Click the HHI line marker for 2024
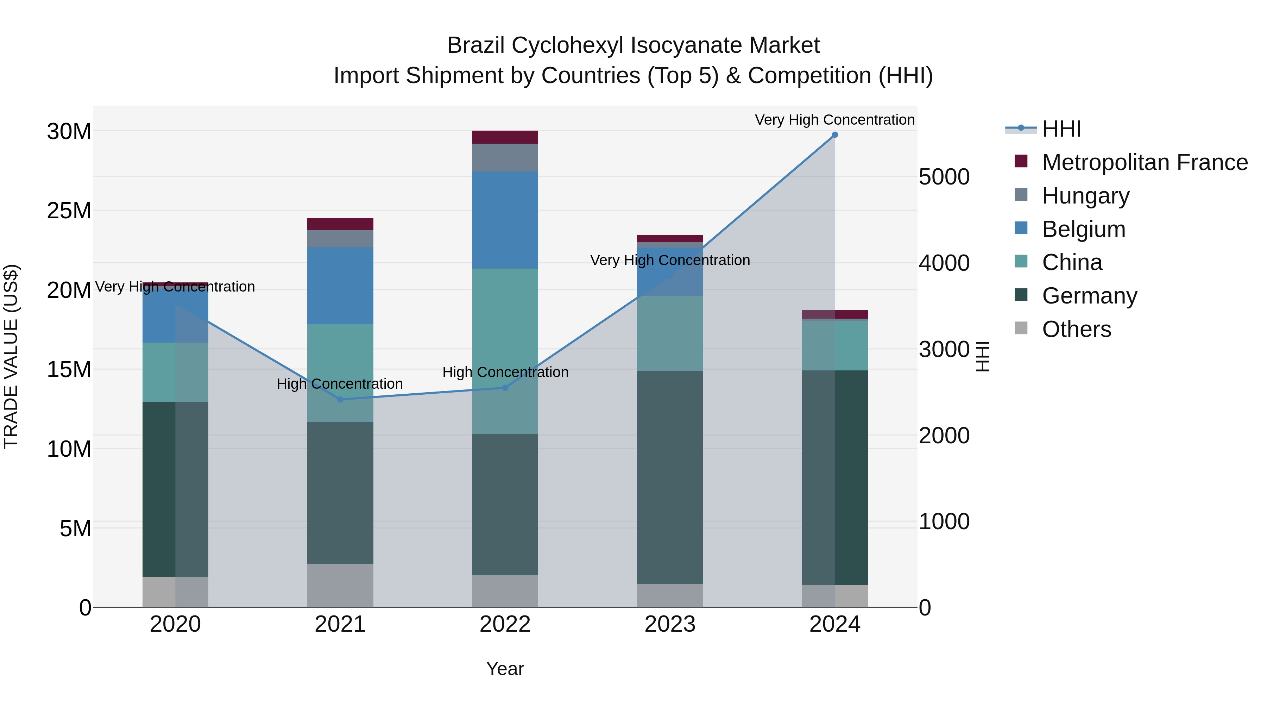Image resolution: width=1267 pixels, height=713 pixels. point(835,135)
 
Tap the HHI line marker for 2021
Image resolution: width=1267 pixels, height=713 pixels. point(340,399)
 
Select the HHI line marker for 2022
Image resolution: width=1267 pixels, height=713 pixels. point(505,388)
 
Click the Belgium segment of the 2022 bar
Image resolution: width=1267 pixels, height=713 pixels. point(505,220)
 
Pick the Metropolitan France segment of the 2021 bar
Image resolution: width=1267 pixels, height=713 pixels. point(340,224)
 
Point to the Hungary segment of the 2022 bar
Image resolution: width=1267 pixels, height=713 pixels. point(505,157)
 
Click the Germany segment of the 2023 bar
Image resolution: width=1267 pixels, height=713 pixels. point(670,477)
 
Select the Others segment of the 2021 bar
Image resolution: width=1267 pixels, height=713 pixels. point(340,586)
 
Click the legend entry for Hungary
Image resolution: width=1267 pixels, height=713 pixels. point(1085,196)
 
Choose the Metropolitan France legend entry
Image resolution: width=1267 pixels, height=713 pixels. point(1145,162)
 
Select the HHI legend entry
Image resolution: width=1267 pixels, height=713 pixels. point(1061,129)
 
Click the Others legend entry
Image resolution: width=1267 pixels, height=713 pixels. point(1076,329)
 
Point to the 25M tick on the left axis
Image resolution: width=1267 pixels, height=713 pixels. point(69,211)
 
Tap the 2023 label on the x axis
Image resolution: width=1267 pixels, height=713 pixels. point(670,624)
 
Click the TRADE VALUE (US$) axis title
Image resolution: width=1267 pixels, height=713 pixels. point(11,356)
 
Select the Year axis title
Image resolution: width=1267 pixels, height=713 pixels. point(505,669)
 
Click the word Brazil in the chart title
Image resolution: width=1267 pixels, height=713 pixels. point(475,45)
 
